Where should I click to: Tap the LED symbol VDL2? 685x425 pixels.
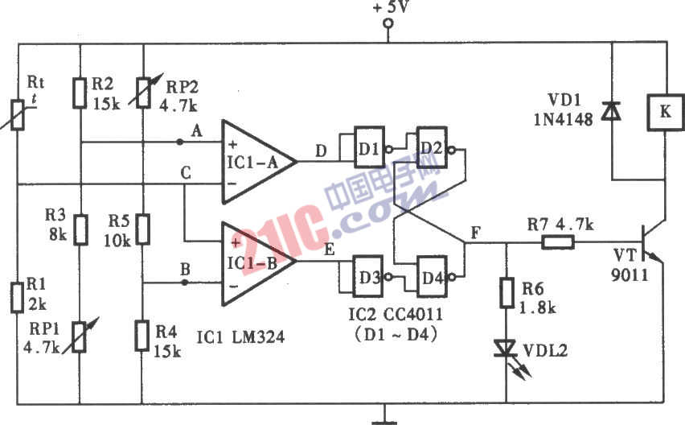506,347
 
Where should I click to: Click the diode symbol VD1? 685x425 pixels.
612,112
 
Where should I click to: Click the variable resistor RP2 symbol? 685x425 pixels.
142,93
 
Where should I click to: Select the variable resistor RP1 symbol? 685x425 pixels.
80,335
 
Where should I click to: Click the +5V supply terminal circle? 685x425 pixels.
389,24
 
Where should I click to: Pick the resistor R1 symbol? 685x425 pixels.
17,296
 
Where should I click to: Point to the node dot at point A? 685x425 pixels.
178,142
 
